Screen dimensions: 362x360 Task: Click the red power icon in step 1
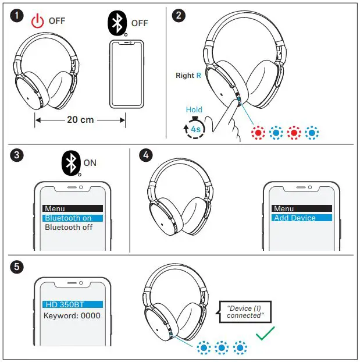(x=37, y=22)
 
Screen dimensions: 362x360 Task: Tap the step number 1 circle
(x=17, y=16)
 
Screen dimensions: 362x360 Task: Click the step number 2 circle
(x=180, y=16)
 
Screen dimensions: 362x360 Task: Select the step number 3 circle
(x=17, y=155)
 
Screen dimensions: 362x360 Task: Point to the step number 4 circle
(x=146, y=155)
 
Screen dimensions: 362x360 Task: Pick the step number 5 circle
(x=17, y=267)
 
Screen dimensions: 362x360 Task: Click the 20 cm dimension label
(x=80, y=120)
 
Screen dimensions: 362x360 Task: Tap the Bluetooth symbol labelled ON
(x=72, y=163)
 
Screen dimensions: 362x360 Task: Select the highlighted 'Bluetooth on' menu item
(x=72, y=218)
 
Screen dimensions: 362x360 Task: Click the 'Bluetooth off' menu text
(x=69, y=228)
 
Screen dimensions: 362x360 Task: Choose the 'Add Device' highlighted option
(x=301, y=218)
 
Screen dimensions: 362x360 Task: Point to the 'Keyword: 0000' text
(x=72, y=316)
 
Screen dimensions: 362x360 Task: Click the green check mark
(x=265, y=333)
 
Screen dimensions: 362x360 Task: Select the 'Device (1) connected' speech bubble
(x=245, y=312)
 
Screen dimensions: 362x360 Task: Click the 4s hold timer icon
(x=194, y=129)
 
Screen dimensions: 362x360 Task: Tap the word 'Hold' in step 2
(x=194, y=109)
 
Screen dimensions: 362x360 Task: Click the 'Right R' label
(x=188, y=76)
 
